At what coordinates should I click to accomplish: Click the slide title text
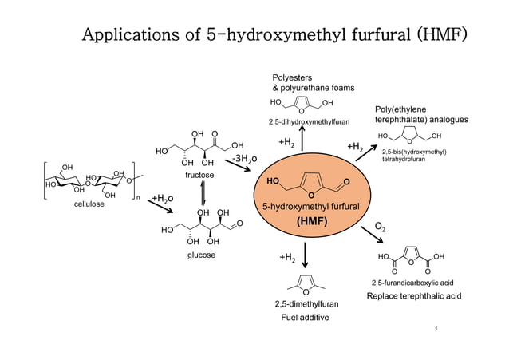[276, 37]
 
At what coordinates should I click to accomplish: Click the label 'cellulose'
[89, 204]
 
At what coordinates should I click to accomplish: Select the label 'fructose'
[199, 173]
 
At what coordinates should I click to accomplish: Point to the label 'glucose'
[201, 255]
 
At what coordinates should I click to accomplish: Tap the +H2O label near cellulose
[163, 198]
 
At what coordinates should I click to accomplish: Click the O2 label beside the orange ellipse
[385, 228]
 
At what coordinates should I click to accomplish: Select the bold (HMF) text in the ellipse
[306, 221]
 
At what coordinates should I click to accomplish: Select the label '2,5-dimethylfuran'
[306, 304]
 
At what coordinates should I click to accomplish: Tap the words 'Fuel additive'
[306, 318]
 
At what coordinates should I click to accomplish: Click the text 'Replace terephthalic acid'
[413, 296]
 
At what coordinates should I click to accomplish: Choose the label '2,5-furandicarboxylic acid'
[412, 283]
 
